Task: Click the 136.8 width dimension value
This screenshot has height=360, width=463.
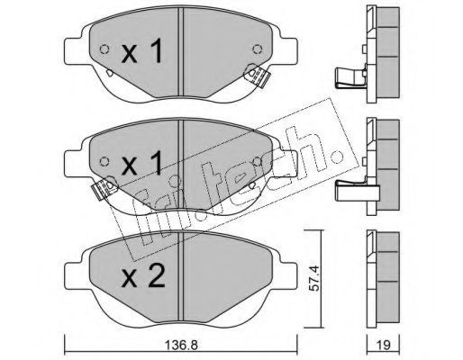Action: pyautogui.click(x=181, y=346)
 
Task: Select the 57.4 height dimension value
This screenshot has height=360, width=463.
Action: pyautogui.click(x=313, y=278)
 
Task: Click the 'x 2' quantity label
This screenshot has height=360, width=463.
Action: pyautogui.click(x=143, y=277)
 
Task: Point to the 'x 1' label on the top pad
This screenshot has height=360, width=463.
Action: pyautogui.click(x=142, y=52)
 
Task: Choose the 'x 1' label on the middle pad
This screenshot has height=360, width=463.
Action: pyautogui.click(x=142, y=164)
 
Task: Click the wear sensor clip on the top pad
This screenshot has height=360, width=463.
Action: pyautogui.click(x=257, y=76)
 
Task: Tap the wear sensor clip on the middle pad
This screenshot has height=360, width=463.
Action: pyautogui.click(x=104, y=188)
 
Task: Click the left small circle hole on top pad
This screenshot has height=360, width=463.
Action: pyautogui.click(x=104, y=49)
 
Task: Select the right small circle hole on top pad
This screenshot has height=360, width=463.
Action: pyautogui.click(x=258, y=49)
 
